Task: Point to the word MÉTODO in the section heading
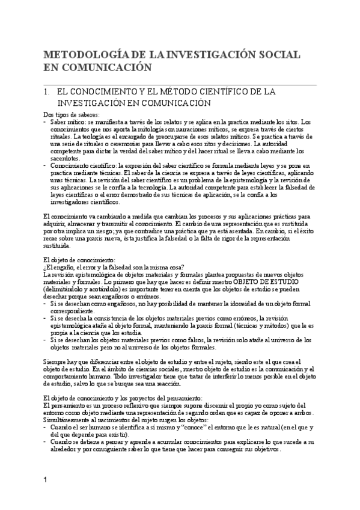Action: click(x=184, y=92)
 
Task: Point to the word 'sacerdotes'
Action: click(x=67, y=158)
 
